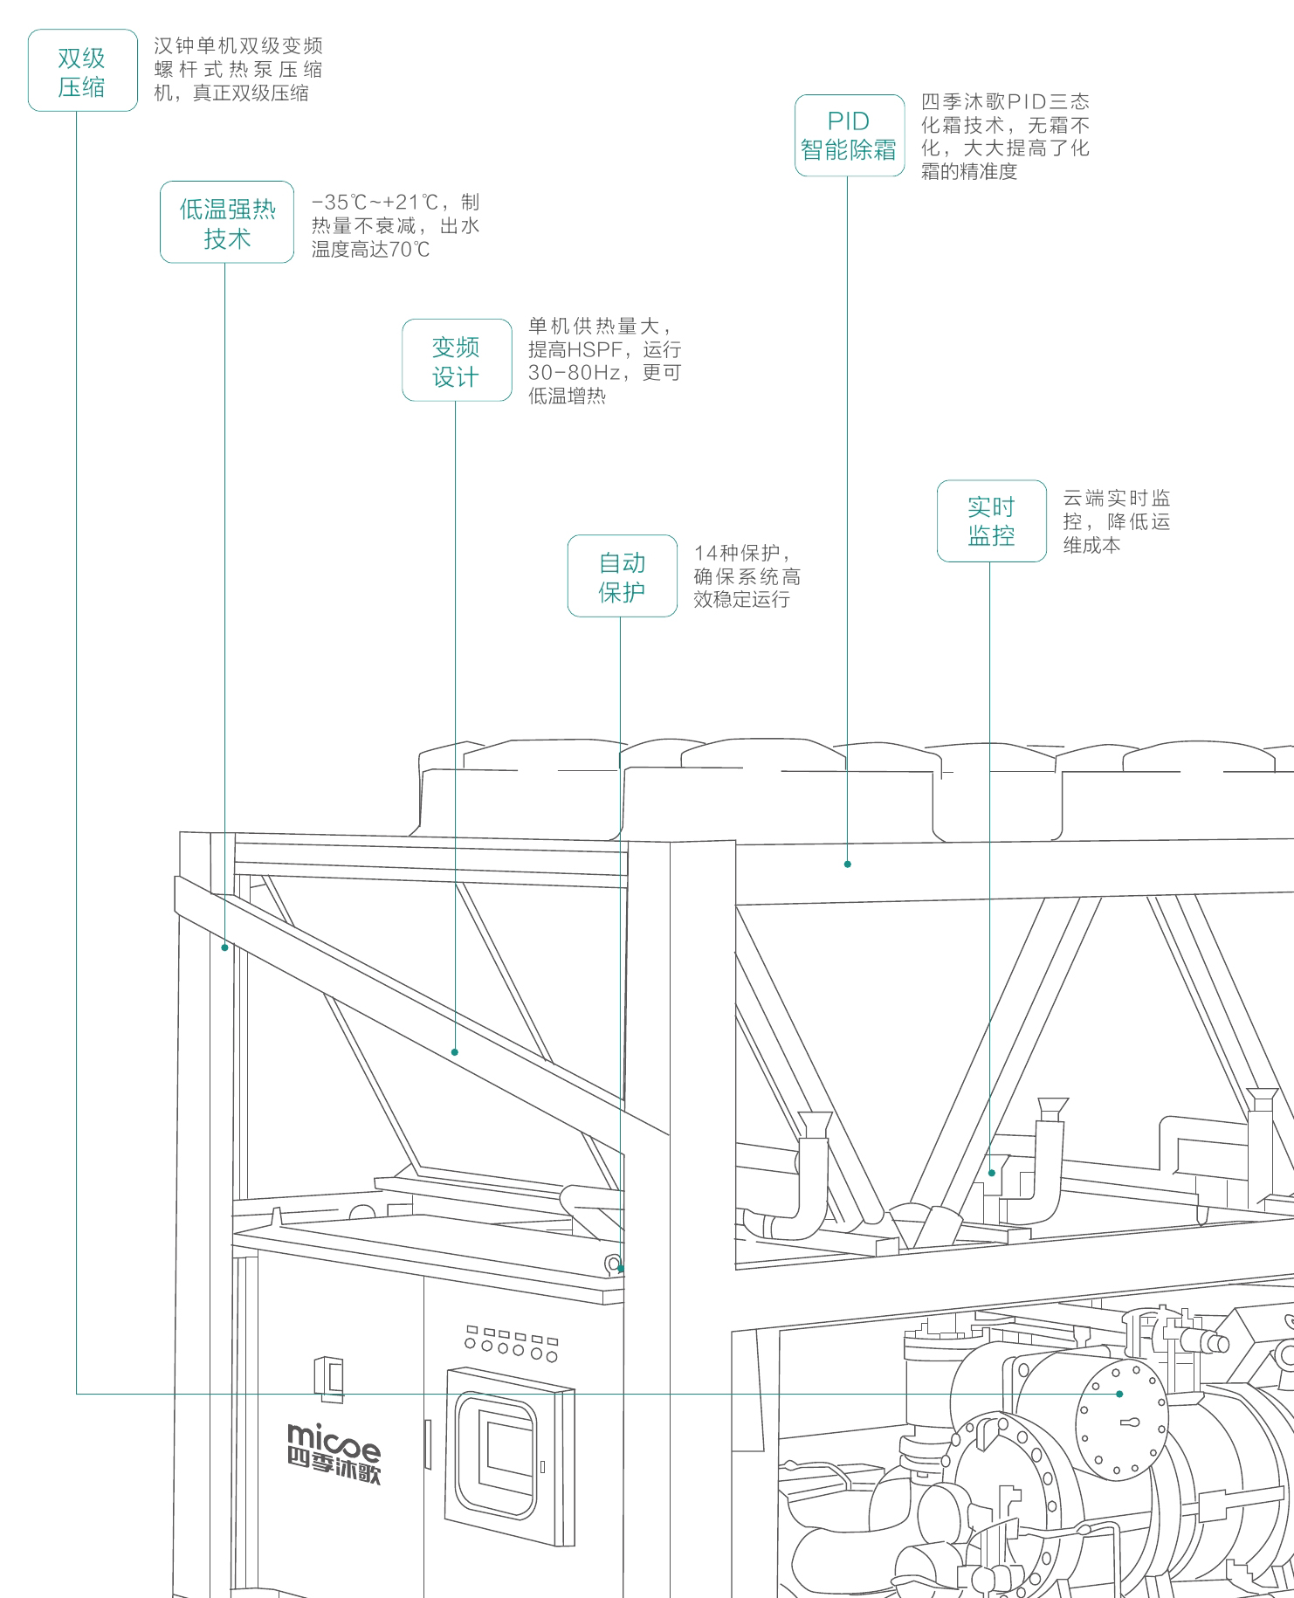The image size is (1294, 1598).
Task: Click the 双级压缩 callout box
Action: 82,71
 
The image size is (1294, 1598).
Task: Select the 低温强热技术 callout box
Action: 227,223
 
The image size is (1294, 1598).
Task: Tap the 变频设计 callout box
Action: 457,361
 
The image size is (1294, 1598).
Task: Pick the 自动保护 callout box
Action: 622,576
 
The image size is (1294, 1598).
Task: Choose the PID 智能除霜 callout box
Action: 849,135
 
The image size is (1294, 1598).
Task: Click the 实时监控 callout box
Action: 991,521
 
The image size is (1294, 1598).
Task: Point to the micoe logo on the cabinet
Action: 334,1452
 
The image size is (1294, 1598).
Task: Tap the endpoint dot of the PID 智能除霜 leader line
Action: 847,864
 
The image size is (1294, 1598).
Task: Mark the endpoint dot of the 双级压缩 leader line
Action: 1119,1394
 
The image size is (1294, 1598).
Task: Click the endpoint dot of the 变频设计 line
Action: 455,1052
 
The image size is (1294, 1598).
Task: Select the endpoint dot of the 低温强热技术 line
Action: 224,947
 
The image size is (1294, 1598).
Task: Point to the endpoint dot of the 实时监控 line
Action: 991,1173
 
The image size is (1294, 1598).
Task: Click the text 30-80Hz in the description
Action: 575,373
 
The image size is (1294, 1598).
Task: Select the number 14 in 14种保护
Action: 705,554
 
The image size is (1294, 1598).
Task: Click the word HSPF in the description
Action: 595,350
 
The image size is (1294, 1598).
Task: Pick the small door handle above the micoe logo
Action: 329,1377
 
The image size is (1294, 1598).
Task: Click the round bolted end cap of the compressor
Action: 1122,1422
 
